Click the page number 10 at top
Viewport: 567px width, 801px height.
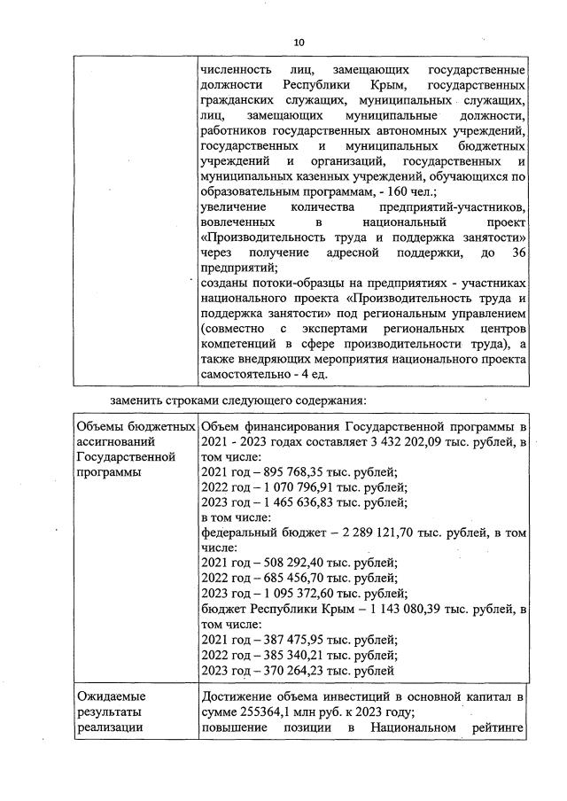click(299, 42)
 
